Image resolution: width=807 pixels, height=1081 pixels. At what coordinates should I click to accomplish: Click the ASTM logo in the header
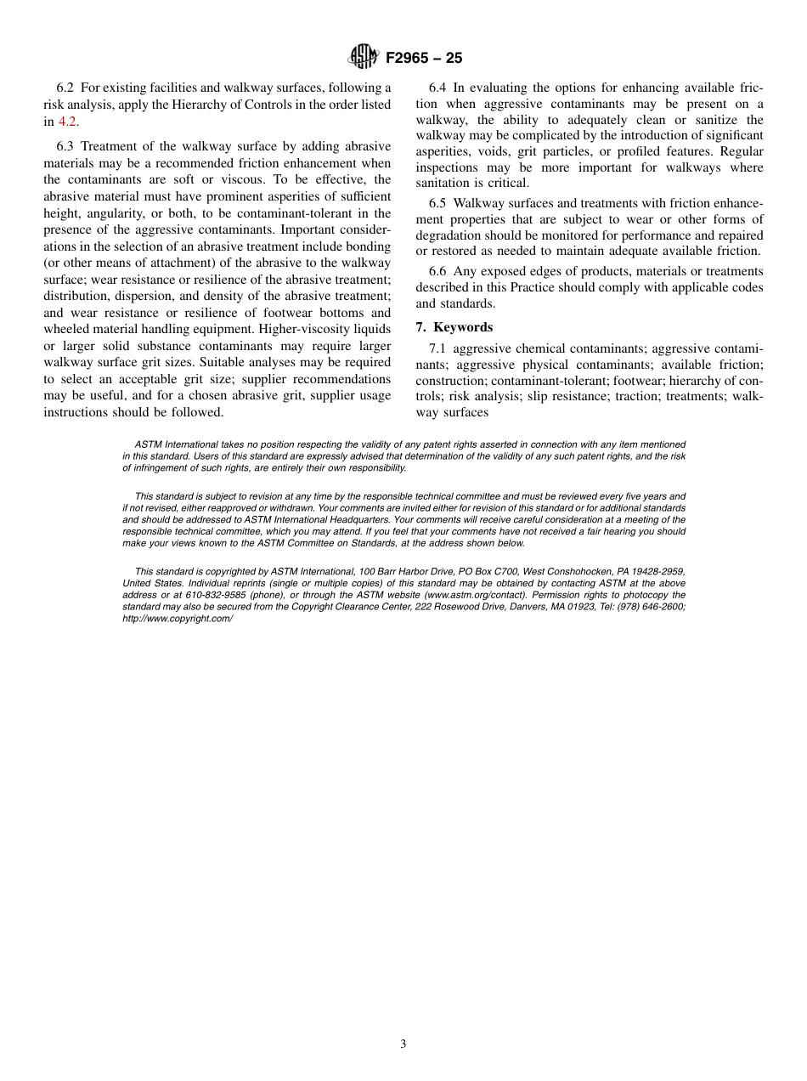tap(363, 58)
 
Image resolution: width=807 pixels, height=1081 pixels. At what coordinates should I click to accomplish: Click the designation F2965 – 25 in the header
tap(424, 59)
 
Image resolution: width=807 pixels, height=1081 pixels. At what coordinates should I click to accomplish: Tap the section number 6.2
tap(65, 88)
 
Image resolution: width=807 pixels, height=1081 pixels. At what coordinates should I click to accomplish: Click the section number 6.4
tap(437, 88)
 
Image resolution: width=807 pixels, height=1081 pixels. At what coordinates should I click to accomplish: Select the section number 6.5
tap(437, 203)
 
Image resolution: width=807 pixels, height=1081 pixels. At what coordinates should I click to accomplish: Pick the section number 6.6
tap(437, 271)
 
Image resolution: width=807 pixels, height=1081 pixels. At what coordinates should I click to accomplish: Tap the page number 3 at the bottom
tap(403, 1044)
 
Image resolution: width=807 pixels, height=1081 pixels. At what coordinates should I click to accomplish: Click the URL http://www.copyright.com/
tap(178, 619)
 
